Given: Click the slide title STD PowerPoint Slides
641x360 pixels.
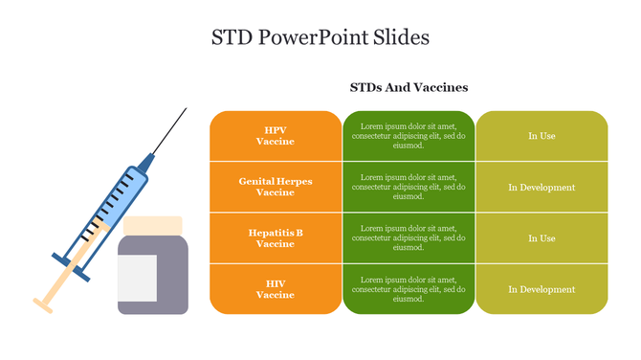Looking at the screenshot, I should point(320,37).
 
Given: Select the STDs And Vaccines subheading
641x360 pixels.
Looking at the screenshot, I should point(409,87).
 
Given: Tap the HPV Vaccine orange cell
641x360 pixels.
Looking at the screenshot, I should point(276,136).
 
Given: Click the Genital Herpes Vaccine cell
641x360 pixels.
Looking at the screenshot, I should point(276,187).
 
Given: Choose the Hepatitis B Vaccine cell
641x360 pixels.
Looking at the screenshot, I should point(276,238).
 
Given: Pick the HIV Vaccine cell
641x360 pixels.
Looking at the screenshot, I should point(276,289).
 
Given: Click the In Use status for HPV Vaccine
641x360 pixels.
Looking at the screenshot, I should point(542,136).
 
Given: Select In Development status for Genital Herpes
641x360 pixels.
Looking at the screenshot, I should point(542,187).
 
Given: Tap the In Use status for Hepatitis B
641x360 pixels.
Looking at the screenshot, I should point(542,238).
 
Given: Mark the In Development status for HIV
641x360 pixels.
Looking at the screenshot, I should point(542,289).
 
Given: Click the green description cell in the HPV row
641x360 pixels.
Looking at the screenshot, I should point(409,136).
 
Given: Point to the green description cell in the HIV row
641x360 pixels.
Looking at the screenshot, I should point(409,289).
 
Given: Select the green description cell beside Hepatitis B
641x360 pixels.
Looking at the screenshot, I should point(409,238).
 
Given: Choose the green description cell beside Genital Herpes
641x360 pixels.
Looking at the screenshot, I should point(409,187).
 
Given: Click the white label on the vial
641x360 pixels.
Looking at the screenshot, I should point(137,278).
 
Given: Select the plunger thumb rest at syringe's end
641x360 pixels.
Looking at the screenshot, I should point(43,305).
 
